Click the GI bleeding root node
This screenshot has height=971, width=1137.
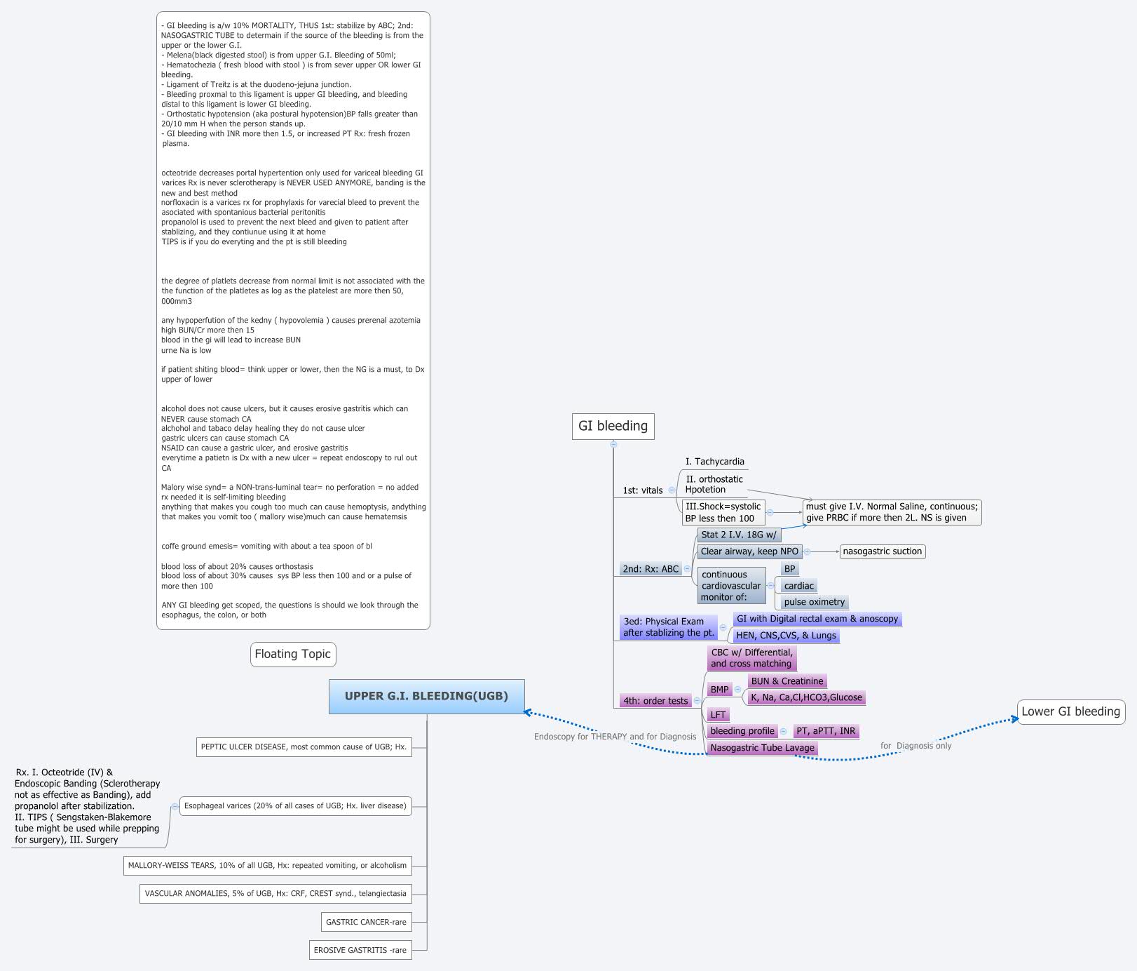[x=613, y=426]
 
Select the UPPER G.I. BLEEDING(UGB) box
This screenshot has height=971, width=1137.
[x=426, y=696]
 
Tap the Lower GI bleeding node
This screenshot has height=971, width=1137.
[x=1070, y=711]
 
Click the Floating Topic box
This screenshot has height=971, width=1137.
[x=292, y=654]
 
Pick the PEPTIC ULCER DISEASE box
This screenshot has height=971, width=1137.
[x=304, y=746]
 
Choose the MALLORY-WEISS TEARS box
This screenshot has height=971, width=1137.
[x=267, y=865]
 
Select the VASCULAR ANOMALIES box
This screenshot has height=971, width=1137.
[x=275, y=893]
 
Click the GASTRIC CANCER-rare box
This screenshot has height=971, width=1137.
[x=366, y=922]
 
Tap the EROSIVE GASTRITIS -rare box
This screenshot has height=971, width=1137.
[x=360, y=950]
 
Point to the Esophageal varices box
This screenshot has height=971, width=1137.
[x=295, y=805]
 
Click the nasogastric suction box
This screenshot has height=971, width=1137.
[x=882, y=551]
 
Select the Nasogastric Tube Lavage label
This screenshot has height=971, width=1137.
[x=762, y=748]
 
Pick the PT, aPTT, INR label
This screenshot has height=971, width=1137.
[x=826, y=731]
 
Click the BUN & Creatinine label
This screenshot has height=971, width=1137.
[x=787, y=681]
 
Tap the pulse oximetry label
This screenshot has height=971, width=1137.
[x=815, y=602]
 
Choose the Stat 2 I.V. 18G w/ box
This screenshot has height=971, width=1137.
[x=739, y=535]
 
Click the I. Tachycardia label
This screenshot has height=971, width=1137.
[x=715, y=462]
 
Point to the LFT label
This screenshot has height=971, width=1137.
[x=718, y=715]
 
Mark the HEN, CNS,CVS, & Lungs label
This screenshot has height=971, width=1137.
[x=786, y=636]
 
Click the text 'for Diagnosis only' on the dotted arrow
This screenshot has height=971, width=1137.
[x=916, y=746]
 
